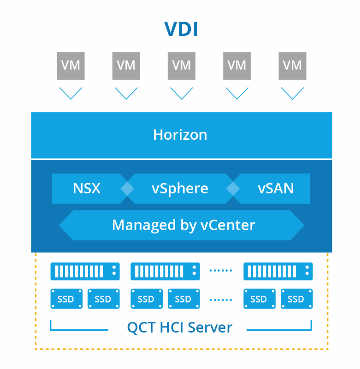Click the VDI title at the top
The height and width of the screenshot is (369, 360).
click(x=181, y=29)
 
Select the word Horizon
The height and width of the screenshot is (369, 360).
click(x=180, y=135)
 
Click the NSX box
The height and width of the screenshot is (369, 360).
click(x=87, y=188)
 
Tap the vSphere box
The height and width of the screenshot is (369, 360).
click(x=180, y=188)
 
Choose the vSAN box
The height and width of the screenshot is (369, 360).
click(x=276, y=188)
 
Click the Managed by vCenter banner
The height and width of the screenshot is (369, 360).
click(x=183, y=225)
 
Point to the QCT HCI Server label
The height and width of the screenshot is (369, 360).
click(x=180, y=327)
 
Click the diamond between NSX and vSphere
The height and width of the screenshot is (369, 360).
click(x=127, y=189)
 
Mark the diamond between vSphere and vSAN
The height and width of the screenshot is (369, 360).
click(x=233, y=189)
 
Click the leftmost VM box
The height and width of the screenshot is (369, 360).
click(x=71, y=65)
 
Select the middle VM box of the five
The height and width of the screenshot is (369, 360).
click(x=182, y=65)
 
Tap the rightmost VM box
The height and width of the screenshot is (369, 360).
click(x=292, y=65)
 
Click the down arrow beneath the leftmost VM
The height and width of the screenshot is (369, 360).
click(x=71, y=93)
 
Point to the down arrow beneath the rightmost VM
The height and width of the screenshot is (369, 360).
click(x=292, y=93)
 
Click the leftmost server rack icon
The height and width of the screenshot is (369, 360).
click(x=85, y=271)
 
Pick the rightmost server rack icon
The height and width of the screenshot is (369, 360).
click(x=278, y=271)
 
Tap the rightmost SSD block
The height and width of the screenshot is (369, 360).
click(x=296, y=299)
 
